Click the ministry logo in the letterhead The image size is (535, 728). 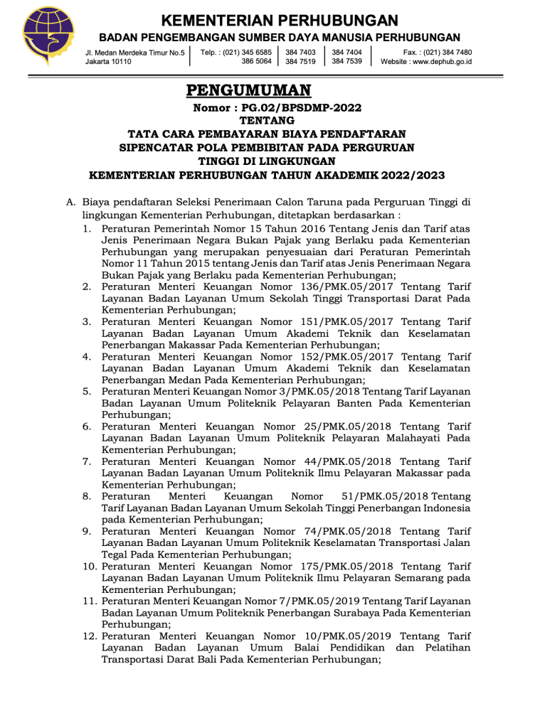click(48, 36)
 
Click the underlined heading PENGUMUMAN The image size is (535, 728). click(249, 91)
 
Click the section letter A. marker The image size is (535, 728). click(71, 202)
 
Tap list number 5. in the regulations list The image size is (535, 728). click(86, 391)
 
